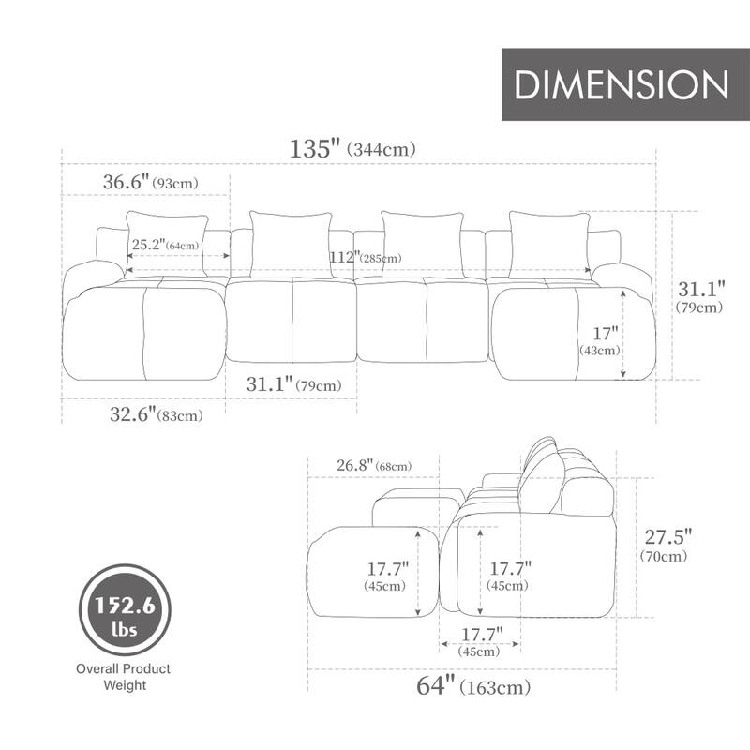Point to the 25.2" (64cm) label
click(165, 245)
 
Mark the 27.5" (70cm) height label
click(667, 546)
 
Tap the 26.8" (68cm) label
click(373, 465)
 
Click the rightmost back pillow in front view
click(551, 242)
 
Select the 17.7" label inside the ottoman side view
click(383, 575)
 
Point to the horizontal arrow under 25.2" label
click(179, 255)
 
